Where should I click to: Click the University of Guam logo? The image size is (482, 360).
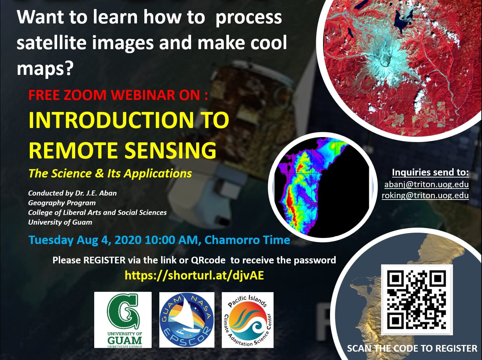pos(123,320)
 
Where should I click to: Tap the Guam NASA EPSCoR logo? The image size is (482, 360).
pos(187,320)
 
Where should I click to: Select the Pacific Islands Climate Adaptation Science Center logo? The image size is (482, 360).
pos(248,320)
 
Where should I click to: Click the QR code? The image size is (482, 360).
pos(417,300)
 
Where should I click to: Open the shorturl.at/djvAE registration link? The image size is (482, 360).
pos(194,275)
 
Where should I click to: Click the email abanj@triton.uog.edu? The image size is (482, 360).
pos(427,185)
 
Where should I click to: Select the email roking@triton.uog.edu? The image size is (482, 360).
pos(425,195)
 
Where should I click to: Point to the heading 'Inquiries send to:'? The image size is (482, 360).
pos(431,172)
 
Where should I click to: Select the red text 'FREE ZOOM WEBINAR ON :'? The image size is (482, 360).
pos(118,95)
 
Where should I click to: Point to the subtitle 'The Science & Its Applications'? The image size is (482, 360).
pos(110,173)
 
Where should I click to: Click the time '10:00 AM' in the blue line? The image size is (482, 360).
pos(171,240)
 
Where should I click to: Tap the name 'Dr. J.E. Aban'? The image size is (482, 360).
pos(96,193)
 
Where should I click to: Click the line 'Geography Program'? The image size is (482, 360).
pos(62,203)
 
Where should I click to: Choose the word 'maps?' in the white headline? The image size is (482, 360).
pos(44,69)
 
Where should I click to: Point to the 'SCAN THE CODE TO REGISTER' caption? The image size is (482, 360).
pos(412,348)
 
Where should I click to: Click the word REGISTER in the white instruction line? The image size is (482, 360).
pos(104,260)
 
